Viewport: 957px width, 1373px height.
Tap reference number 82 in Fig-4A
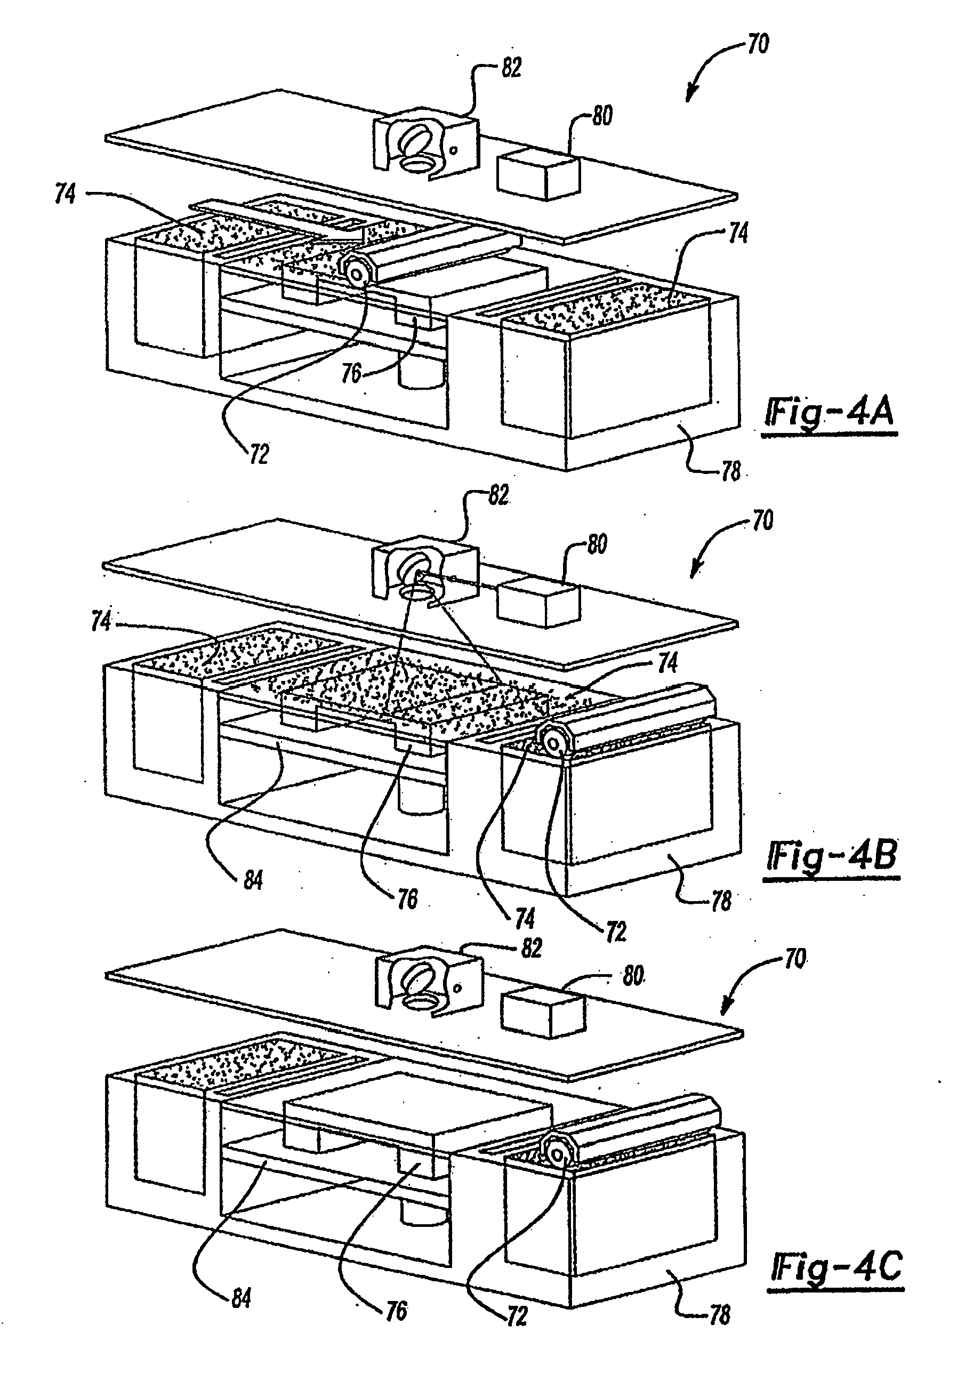point(511,68)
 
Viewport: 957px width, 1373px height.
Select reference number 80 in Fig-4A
point(602,115)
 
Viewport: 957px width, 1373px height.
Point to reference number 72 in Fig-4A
point(258,454)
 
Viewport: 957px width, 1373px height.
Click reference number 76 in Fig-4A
point(351,373)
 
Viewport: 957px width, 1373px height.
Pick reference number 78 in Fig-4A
point(730,472)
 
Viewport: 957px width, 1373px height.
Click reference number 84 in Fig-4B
point(253,880)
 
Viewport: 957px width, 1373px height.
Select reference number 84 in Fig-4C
point(240,1298)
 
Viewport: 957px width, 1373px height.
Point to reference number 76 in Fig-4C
point(396,1310)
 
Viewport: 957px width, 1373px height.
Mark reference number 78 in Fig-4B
point(721,901)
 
